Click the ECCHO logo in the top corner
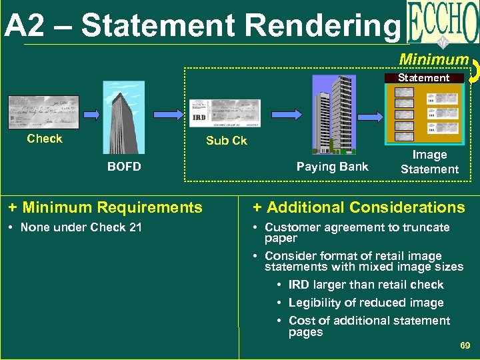point(441,25)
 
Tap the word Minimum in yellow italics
point(433,59)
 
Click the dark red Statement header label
point(423,78)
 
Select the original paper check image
point(43,112)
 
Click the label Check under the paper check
point(45,139)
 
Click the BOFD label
point(124,167)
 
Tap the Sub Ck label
point(226,141)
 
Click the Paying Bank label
point(332,167)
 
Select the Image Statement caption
point(429,162)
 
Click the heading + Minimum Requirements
point(105,207)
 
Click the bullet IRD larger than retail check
point(366,285)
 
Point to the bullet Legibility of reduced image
point(366,303)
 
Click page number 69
point(465,345)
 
